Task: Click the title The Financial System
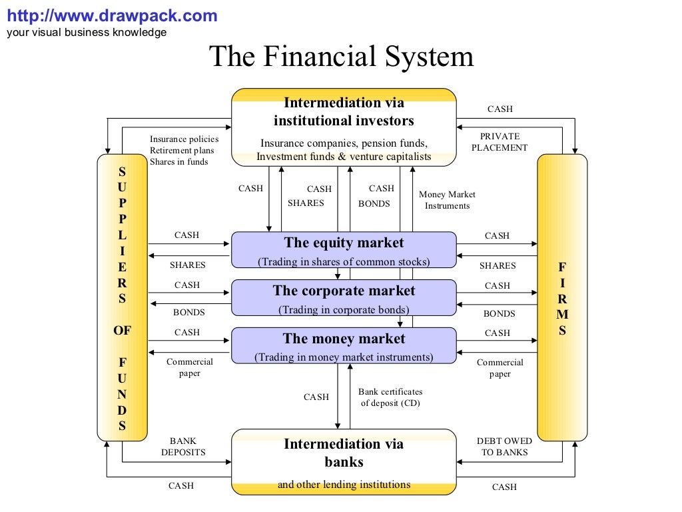[341, 57]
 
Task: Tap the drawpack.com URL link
[112, 16]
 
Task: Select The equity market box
[344, 250]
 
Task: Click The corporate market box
[344, 298]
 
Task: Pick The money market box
[344, 346]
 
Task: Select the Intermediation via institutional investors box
[344, 127]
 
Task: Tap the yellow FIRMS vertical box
[562, 297]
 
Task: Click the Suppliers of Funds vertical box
[122, 297]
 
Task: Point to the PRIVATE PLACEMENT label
[500, 142]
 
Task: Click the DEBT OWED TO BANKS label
[504, 447]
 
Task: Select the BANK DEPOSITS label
[183, 447]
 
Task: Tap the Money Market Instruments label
[448, 200]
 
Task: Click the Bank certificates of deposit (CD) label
[390, 397]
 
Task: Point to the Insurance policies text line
[184, 139]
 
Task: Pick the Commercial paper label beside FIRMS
[500, 368]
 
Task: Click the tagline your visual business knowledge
[87, 33]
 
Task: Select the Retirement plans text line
[182, 151]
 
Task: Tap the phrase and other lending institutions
[344, 485]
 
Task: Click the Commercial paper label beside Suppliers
[190, 367]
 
